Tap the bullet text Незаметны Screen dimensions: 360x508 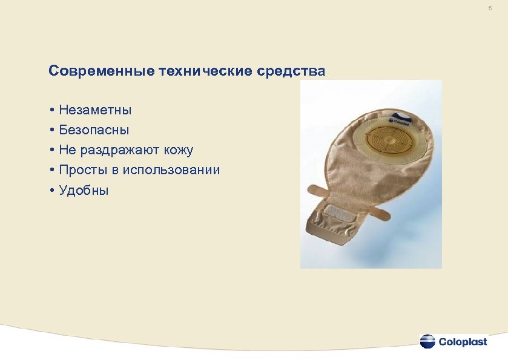tap(95, 110)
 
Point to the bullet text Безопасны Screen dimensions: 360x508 tap(94, 130)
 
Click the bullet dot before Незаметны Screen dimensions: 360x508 tap(53, 110)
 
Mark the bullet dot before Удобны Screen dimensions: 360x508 tap(53, 191)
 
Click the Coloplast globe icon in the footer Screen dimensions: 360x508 tap(427, 341)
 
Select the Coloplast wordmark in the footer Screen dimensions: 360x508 tap(463, 342)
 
